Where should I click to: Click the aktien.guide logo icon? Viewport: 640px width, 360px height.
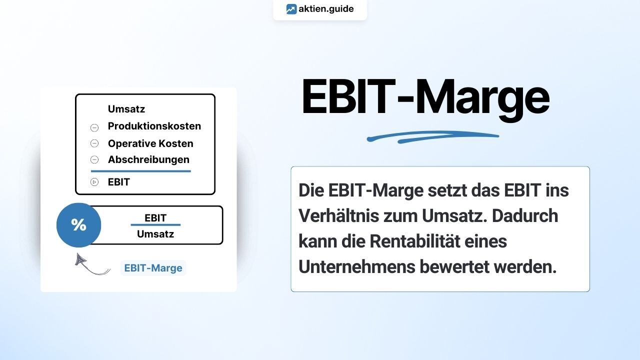291,9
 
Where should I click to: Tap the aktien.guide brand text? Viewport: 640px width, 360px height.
326,9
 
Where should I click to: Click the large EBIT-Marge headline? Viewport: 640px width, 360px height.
425,97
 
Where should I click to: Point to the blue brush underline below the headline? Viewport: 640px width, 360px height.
432,137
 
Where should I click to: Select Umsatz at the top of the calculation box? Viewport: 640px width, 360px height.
126,109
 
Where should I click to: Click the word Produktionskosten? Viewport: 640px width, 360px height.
154,126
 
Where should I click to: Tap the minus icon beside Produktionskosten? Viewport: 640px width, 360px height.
94,127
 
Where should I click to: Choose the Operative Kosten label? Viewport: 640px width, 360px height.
150,143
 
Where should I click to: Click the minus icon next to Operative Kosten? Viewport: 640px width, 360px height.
94,143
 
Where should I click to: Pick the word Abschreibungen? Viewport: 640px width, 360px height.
148,159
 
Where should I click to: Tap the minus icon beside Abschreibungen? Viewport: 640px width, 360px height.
94,159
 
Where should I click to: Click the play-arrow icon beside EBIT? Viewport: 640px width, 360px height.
94,182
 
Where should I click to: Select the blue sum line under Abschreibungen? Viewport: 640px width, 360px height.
141,171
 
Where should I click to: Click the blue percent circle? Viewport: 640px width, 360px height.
79,225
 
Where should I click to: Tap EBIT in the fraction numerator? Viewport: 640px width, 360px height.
155,218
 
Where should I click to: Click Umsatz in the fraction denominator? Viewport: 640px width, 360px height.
155,234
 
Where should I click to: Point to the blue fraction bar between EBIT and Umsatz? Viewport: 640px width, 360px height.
155,225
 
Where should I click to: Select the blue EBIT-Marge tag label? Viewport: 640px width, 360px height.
153,268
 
